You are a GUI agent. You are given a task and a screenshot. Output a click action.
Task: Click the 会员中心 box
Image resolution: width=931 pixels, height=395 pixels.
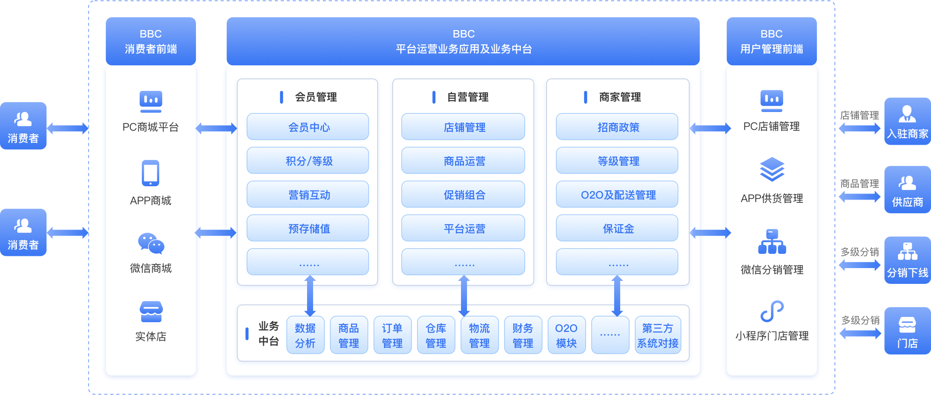[x=308, y=127]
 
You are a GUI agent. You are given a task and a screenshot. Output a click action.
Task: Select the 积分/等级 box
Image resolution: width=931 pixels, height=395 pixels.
[x=308, y=161]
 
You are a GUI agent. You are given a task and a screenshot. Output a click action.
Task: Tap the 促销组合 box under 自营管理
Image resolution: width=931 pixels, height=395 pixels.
[x=463, y=195]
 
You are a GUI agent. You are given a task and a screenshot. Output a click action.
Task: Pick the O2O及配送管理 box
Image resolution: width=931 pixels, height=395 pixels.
[x=617, y=195]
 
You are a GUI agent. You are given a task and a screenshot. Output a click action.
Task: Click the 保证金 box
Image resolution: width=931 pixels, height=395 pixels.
[x=617, y=228]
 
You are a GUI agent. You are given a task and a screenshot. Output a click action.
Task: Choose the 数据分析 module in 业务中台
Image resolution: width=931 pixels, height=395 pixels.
[x=305, y=335]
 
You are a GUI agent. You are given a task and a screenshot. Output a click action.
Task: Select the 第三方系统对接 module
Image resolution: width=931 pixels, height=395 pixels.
[x=658, y=335]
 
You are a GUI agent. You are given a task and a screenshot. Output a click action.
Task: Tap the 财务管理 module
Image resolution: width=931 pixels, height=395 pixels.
[x=523, y=335]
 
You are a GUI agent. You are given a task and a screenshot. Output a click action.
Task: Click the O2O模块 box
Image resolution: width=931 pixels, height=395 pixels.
[x=566, y=335]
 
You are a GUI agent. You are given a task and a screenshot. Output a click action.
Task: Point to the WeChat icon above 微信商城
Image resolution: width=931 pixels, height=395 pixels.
[x=151, y=243]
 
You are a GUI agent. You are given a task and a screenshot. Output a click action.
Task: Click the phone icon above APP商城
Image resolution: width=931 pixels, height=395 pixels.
[x=151, y=173]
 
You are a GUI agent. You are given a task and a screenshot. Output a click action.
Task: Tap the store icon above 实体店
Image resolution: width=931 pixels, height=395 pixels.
[x=151, y=312]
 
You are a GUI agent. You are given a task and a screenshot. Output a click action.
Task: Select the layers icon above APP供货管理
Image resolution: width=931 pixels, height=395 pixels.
[x=772, y=169]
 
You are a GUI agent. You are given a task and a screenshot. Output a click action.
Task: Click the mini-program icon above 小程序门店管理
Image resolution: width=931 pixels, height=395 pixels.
[x=772, y=311]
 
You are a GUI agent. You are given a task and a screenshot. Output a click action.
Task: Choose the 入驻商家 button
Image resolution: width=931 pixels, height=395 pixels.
[x=907, y=121]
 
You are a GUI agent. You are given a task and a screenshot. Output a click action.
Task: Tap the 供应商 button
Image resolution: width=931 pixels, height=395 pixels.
[x=907, y=190]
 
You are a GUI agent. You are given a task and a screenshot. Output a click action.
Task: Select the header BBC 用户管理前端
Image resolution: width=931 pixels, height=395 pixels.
[x=771, y=41]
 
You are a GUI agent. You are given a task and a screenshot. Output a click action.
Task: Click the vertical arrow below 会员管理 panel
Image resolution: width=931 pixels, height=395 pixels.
[x=310, y=296]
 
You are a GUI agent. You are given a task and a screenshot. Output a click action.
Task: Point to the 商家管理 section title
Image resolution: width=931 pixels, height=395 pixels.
[x=620, y=97]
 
